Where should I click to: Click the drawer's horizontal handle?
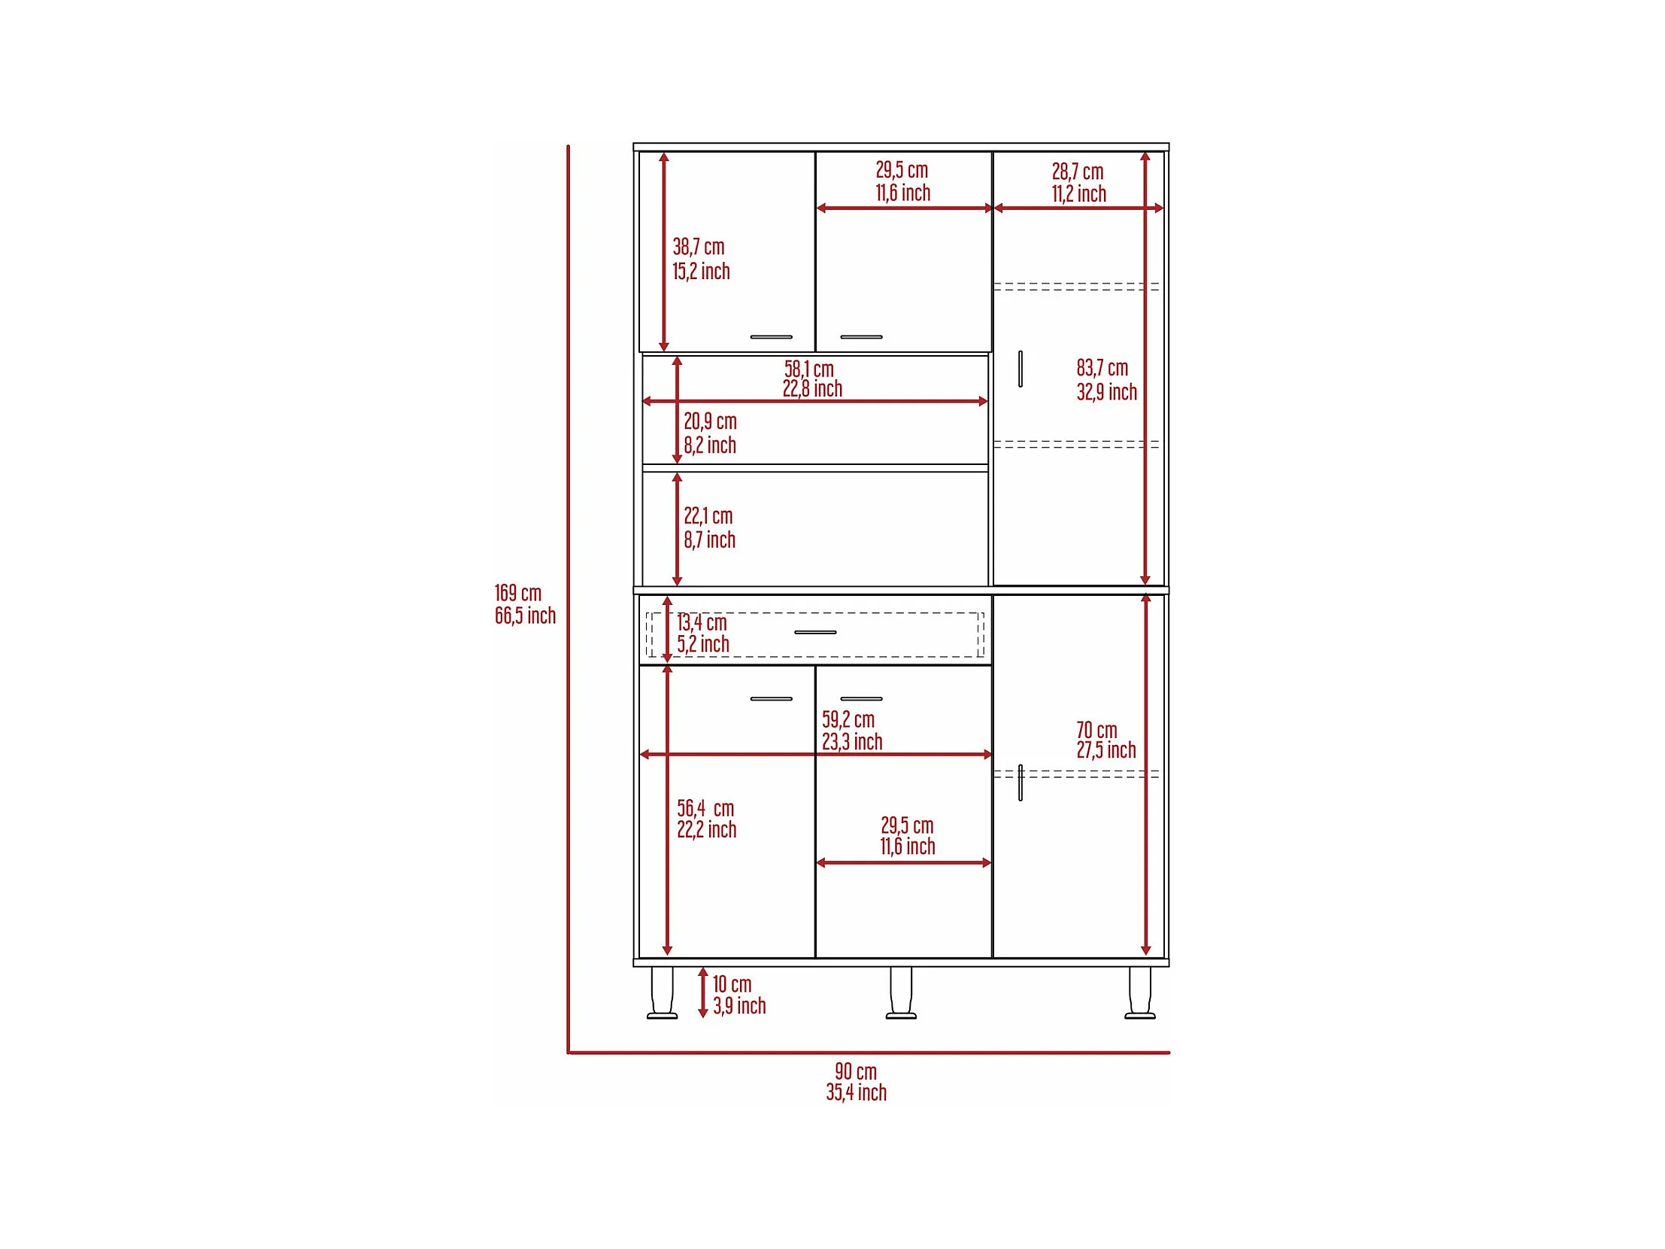coord(815,633)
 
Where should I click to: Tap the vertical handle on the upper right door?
coord(1020,369)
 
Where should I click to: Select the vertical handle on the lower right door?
coord(1020,783)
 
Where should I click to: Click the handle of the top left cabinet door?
coord(771,336)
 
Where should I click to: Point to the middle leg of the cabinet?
coord(901,992)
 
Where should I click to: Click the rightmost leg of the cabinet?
coord(1139,992)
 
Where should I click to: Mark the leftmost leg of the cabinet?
coord(663,992)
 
